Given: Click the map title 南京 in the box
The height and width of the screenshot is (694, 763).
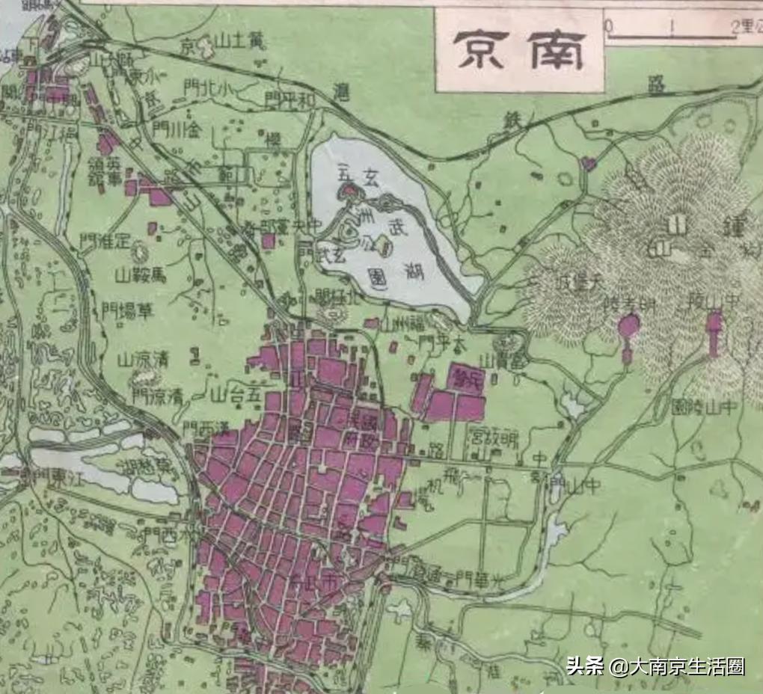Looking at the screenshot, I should point(520,49).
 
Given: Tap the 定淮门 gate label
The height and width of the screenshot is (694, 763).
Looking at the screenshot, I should point(105,242).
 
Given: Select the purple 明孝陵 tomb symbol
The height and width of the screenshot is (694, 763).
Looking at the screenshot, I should point(629,329).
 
